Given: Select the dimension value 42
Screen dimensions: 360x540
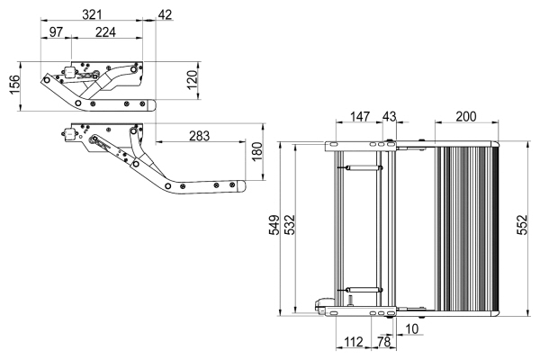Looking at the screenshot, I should pyautogui.click(x=165, y=15).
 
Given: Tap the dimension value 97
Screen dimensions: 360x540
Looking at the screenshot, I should pyautogui.click(x=56, y=33).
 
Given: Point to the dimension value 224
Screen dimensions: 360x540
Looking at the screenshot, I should pyautogui.click(x=106, y=33).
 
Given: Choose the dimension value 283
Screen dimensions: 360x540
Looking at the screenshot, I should pyautogui.click(x=200, y=136).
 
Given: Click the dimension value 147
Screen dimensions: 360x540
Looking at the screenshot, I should pyautogui.click(x=360, y=117).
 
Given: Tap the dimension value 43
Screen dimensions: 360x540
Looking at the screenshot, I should pyautogui.click(x=389, y=117).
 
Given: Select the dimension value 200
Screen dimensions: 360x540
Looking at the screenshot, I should pyautogui.click(x=466, y=117).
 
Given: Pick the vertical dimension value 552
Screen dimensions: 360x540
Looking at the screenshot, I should pyautogui.click(x=522, y=229).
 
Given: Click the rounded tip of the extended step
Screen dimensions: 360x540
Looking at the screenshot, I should pyautogui.click(x=240, y=186).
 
